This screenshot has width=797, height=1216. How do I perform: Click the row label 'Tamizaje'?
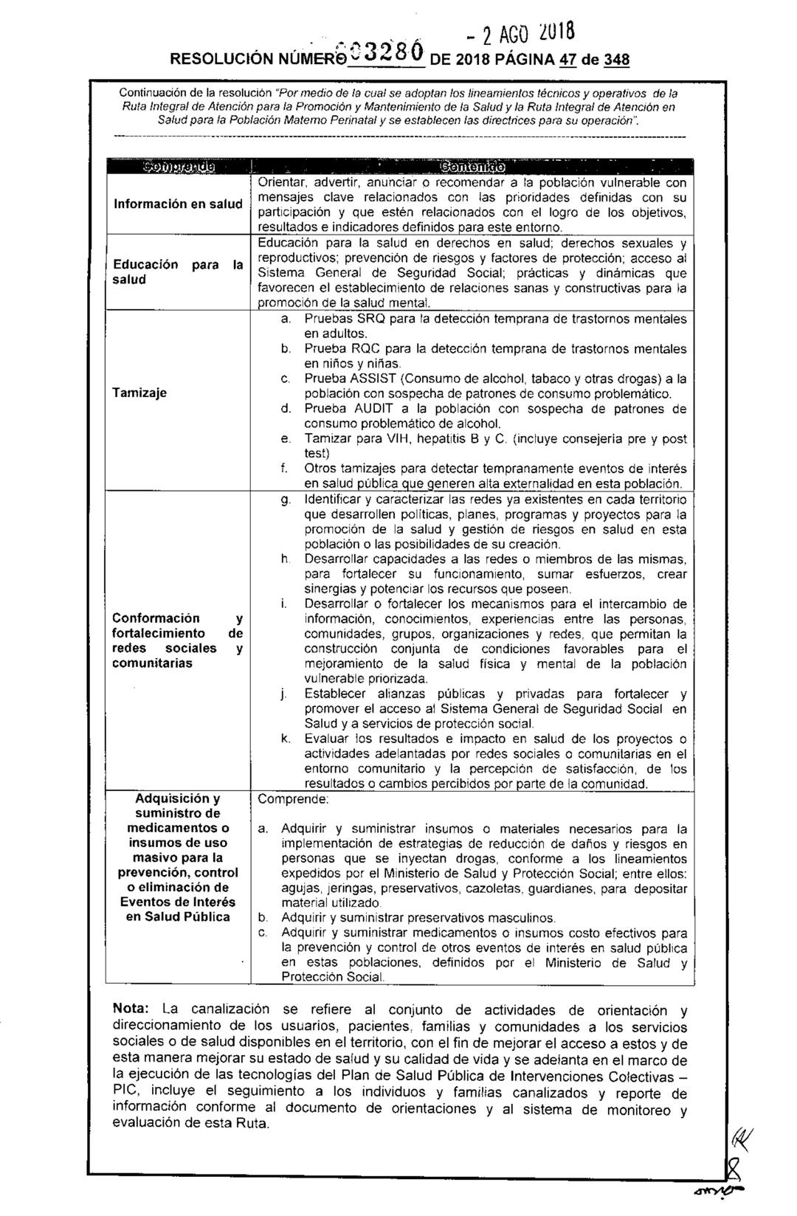(139, 393)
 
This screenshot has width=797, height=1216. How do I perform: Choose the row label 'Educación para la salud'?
(177, 272)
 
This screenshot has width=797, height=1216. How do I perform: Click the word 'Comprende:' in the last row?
(293, 799)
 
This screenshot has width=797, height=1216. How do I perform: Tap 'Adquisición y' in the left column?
(178, 799)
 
